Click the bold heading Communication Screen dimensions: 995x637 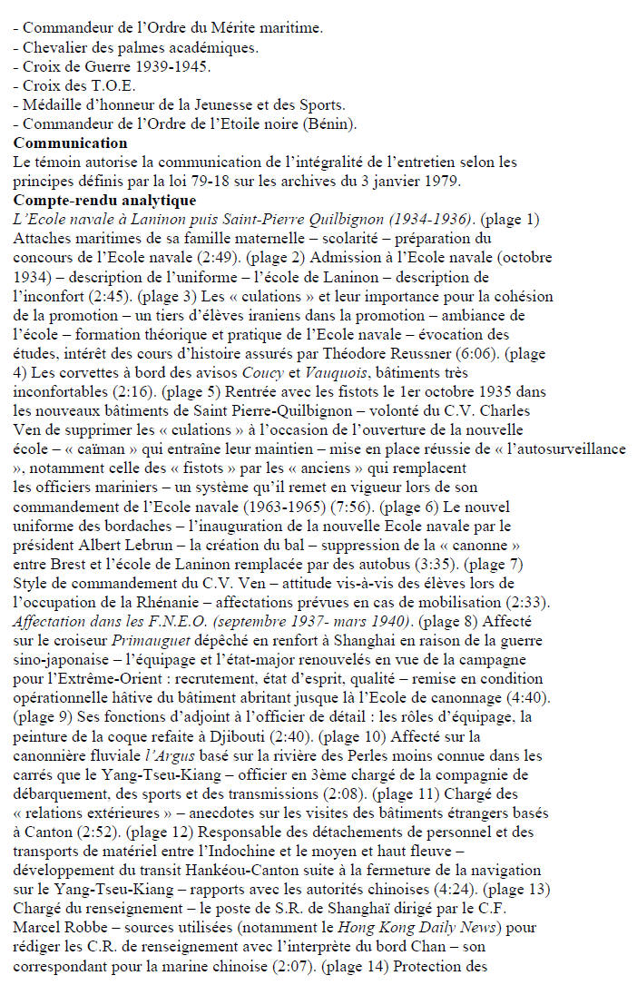click(x=71, y=143)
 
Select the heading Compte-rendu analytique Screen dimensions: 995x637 click(x=104, y=200)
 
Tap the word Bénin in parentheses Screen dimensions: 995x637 click(x=332, y=124)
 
